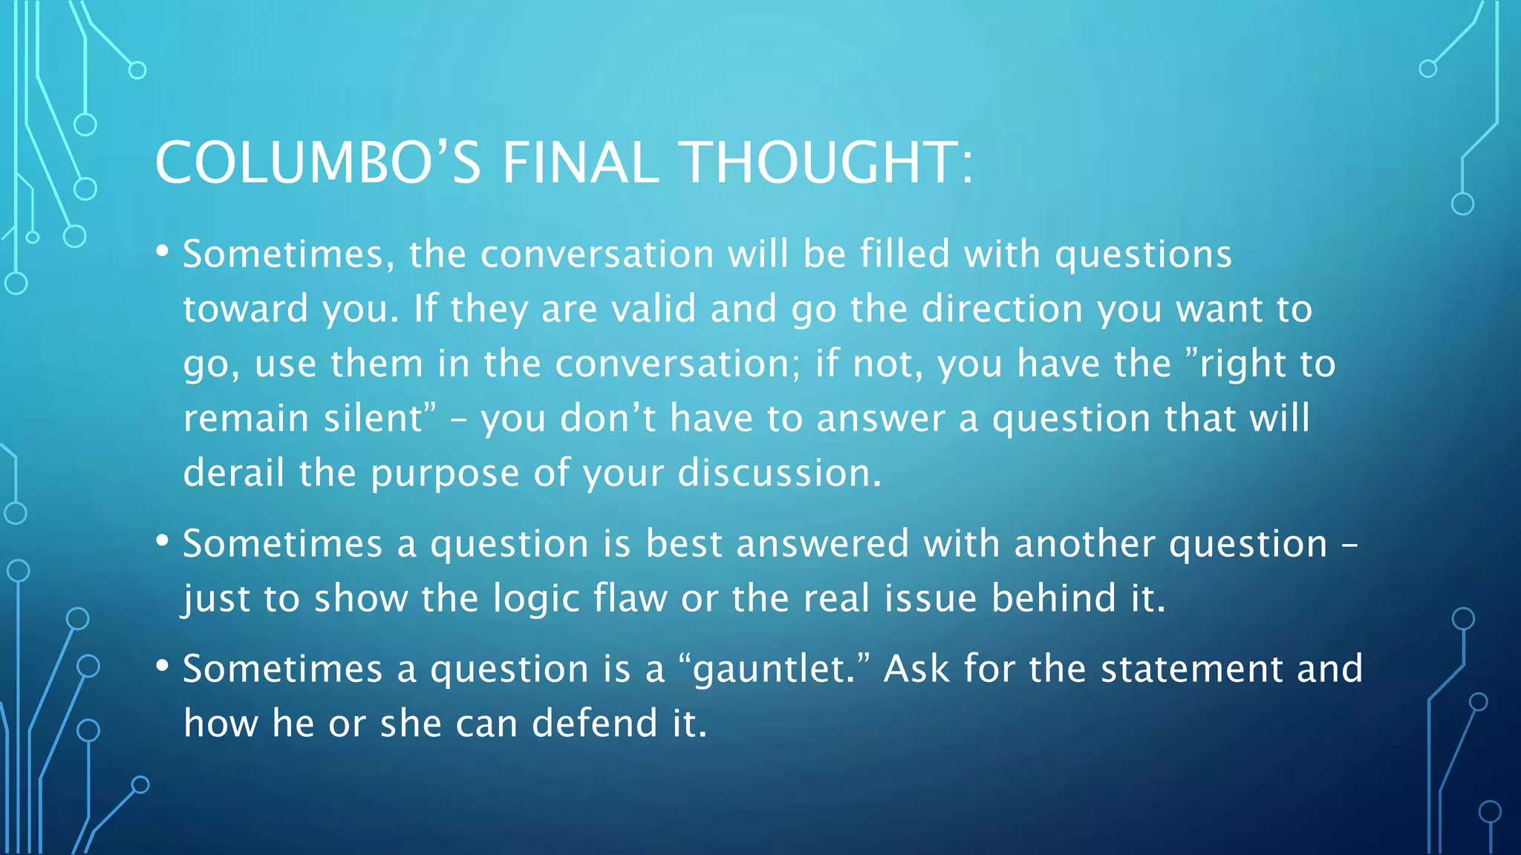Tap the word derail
tap(234, 473)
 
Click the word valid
tap(653, 308)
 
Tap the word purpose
tap(444, 474)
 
